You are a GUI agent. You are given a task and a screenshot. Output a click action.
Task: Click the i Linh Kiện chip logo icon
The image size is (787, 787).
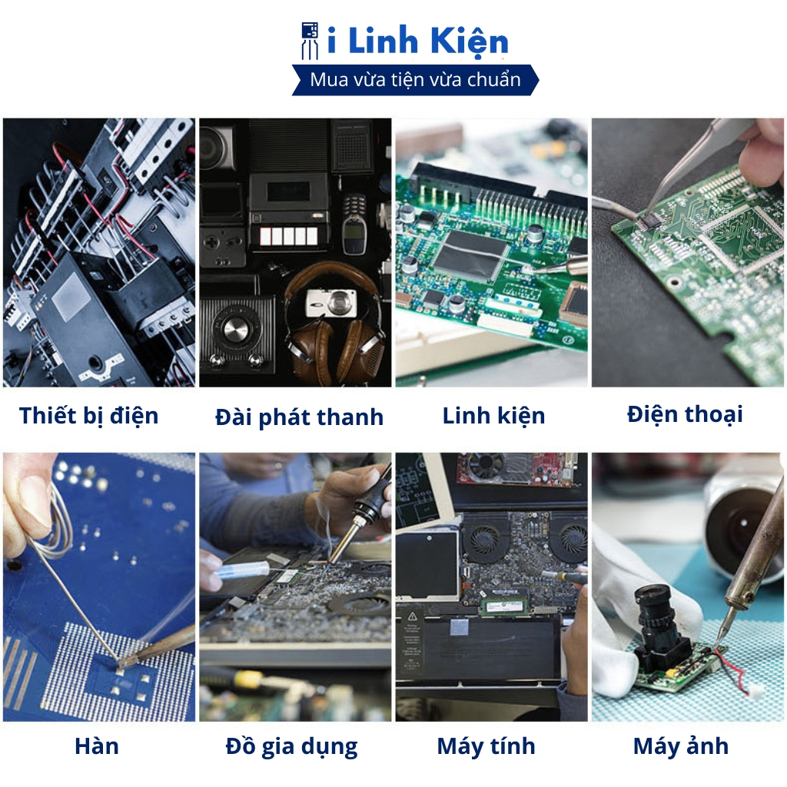[x=309, y=40]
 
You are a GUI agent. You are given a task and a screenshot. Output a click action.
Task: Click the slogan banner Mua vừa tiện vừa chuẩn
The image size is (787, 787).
[x=415, y=80]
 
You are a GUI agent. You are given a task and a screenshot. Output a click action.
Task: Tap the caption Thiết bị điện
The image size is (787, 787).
[x=89, y=416]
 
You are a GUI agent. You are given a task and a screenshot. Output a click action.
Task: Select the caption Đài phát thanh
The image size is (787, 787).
[x=299, y=417]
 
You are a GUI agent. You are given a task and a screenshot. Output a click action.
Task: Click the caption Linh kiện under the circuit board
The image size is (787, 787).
[x=493, y=416]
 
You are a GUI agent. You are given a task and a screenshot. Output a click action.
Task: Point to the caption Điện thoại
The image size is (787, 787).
[x=685, y=414]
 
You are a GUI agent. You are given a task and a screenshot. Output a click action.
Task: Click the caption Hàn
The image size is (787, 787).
[x=96, y=745]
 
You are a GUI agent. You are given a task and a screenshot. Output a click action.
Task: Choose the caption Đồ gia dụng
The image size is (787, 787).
[x=291, y=747]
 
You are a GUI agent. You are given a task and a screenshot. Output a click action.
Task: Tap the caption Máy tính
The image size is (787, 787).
[x=486, y=745]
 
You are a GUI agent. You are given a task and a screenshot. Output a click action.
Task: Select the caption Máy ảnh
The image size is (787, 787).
[x=681, y=745]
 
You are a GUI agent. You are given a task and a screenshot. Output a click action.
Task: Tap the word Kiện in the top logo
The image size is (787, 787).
[x=470, y=41]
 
